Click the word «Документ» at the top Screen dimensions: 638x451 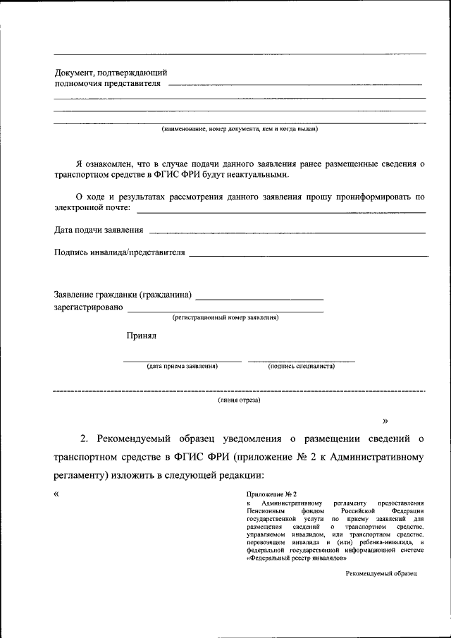pos(75,73)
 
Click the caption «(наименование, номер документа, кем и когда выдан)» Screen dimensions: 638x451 pos(240,129)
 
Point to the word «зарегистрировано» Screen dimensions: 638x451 pos(89,307)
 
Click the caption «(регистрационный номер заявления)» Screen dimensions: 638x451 pos(225,317)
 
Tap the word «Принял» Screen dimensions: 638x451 pos(142,336)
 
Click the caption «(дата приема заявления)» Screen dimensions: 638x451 pos(183,367)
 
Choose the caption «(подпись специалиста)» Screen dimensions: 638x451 pos(301,367)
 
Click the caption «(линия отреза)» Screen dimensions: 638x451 pos(239,400)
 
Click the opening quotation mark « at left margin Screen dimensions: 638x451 pos(57,493)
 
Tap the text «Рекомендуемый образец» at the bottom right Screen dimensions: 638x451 pos(381,574)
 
